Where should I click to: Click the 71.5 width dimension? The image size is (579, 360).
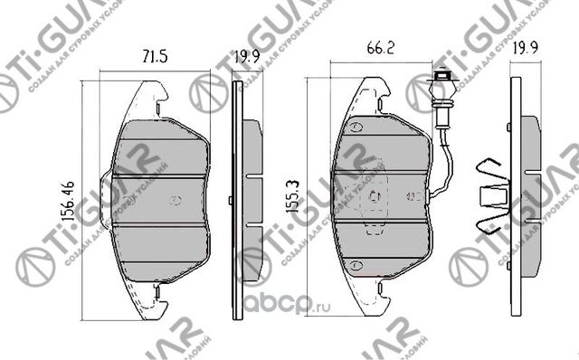click(x=150, y=55)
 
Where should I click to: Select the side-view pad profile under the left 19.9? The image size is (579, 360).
click(x=239, y=194)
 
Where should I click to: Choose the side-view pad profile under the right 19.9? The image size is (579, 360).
click(x=517, y=194)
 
